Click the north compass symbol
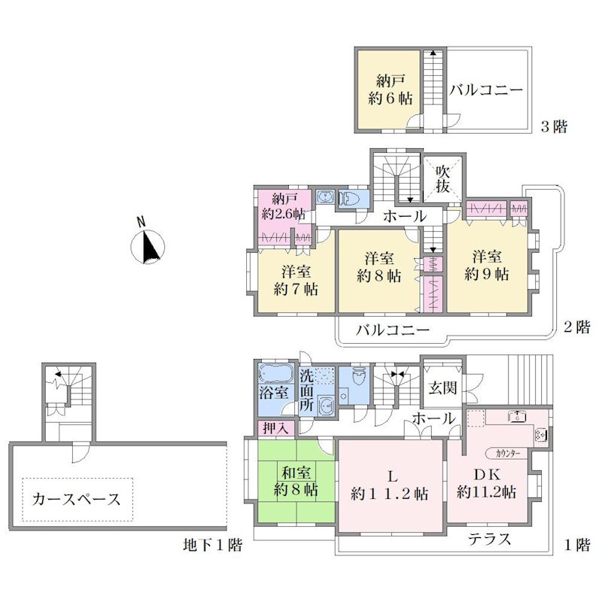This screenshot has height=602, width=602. pyautogui.click(x=147, y=247)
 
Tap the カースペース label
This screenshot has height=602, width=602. pyautogui.click(x=77, y=499)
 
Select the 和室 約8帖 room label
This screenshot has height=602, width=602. pyautogui.click(x=296, y=481)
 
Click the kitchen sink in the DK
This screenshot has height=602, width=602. pyautogui.click(x=516, y=416)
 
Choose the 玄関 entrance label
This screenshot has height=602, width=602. pyautogui.click(x=442, y=388)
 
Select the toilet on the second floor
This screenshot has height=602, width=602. pyautogui.click(x=349, y=197)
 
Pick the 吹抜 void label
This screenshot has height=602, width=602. pyautogui.click(x=442, y=178)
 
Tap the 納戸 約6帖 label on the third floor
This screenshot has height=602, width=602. pyautogui.click(x=391, y=90)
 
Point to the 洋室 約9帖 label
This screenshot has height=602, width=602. pyautogui.click(x=486, y=266)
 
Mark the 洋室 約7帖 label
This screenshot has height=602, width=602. pyautogui.click(x=296, y=280)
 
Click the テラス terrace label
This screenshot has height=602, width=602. pyautogui.click(x=489, y=539)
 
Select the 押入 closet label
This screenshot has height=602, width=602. pyautogui.click(x=275, y=428)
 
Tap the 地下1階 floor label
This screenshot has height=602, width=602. pyautogui.click(x=212, y=545)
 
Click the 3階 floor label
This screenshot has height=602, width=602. pyautogui.click(x=554, y=126)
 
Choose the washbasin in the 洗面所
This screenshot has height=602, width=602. pyautogui.click(x=327, y=406)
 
